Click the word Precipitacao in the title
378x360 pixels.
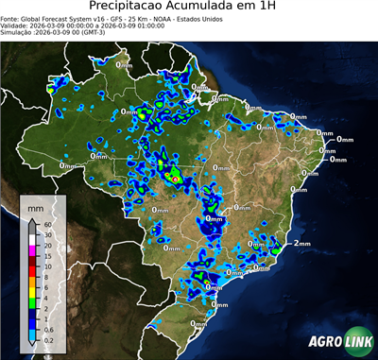(138, 9)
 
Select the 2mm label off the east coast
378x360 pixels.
(301, 244)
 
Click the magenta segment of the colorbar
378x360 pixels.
(31, 251)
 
